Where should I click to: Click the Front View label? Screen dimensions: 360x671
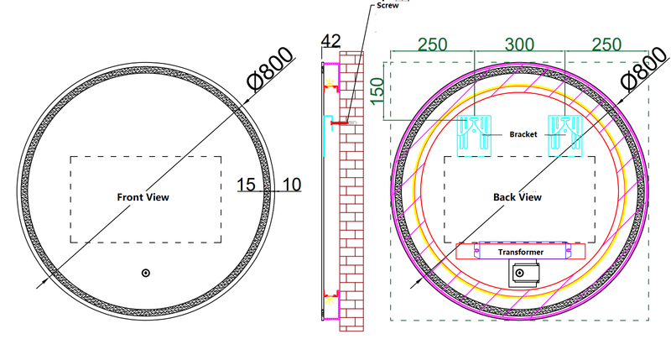click(x=143, y=197)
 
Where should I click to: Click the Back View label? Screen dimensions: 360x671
click(x=517, y=197)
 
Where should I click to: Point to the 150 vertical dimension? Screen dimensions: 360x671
click(x=378, y=89)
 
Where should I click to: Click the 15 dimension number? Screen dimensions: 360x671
click(x=247, y=183)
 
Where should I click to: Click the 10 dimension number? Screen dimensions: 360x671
click(x=291, y=183)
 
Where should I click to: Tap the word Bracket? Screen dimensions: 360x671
click(x=522, y=134)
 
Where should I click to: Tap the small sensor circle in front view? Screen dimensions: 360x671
click(x=146, y=273)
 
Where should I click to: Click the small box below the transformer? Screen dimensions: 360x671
click(x=523, y=272)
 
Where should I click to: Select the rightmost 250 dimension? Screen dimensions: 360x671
click(x=607, y=44)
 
